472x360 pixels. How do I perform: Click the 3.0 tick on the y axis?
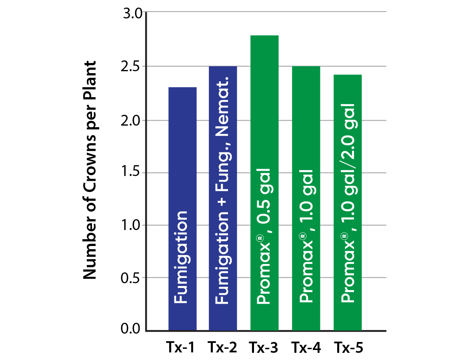pos(131,14)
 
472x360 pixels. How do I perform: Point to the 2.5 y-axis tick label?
pos(131,66)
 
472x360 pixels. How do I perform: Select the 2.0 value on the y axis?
pos(131,120)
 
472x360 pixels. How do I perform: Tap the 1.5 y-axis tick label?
pos(131,173)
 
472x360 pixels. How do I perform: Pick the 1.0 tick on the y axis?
pos(131,225)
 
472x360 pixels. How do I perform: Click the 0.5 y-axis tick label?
pos(131,278)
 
